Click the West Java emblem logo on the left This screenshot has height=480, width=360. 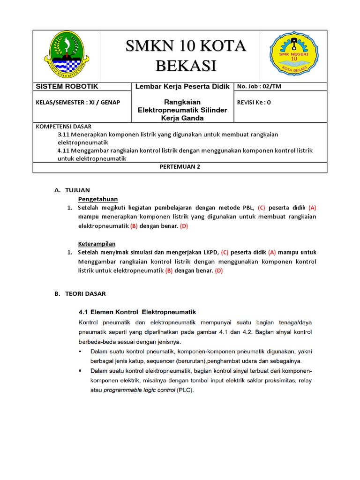(67, 54)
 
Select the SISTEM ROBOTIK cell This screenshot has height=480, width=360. (64, 87)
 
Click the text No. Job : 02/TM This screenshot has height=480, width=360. (259, 87)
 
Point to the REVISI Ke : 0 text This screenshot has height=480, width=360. (254, 103)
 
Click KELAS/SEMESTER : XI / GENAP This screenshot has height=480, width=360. (77, 103)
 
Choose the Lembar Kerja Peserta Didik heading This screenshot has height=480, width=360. (182, 87)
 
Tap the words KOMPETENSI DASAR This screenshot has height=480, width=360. (64, 127)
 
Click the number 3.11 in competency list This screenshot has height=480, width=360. (63, 135)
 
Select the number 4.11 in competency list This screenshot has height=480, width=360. (63, 150)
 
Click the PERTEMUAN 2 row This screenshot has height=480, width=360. (180, 166)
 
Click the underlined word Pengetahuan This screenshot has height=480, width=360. (97, 199)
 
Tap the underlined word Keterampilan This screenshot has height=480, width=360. (96, 244)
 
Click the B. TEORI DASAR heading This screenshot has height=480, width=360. (80, 294)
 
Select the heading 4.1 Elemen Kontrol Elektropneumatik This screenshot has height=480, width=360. (137, 312)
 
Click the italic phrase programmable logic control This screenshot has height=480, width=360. (139, 390)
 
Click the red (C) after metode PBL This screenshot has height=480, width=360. (262, 207)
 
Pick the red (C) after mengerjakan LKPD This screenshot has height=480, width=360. (227, 252)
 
